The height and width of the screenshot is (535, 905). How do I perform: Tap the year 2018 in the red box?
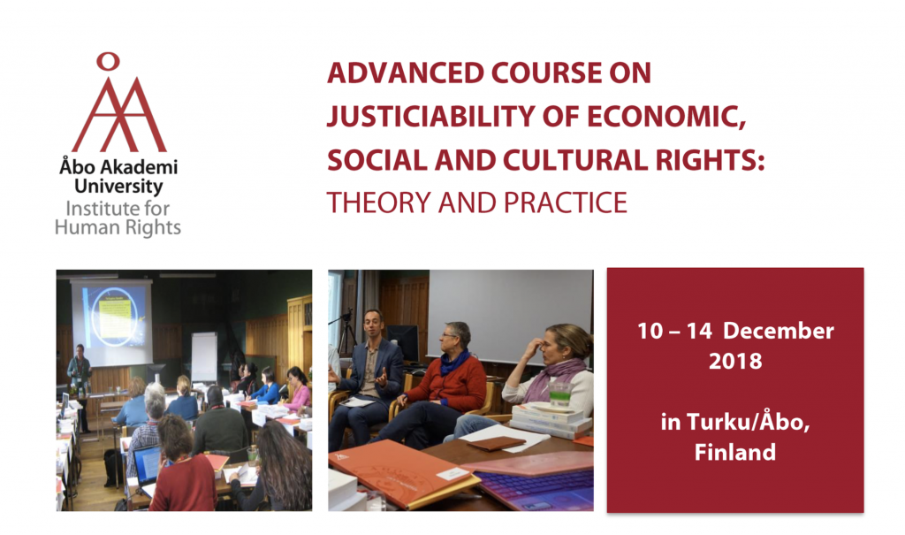pyautogui.click(x=735, y=361)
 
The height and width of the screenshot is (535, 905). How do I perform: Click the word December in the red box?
pyautogui.click(x=778, y=331)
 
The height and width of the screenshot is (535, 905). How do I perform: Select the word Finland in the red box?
pyautogui.click(x=734, y=452)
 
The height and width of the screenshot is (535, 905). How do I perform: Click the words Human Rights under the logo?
pyautogui.click(x=118, y=227)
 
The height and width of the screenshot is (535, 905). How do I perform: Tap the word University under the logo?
pyautogui.click(x=118, y=187)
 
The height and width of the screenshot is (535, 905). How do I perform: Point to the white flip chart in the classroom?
pyautogui.click(x=204, y=357)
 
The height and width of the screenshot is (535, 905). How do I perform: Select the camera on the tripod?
pyautogui.click(x=346, y=317)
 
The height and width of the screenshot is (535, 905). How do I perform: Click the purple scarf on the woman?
pyautogui.click(x=552, y=376)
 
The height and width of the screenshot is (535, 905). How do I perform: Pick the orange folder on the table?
pyautogui.click(x=402, y=472)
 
